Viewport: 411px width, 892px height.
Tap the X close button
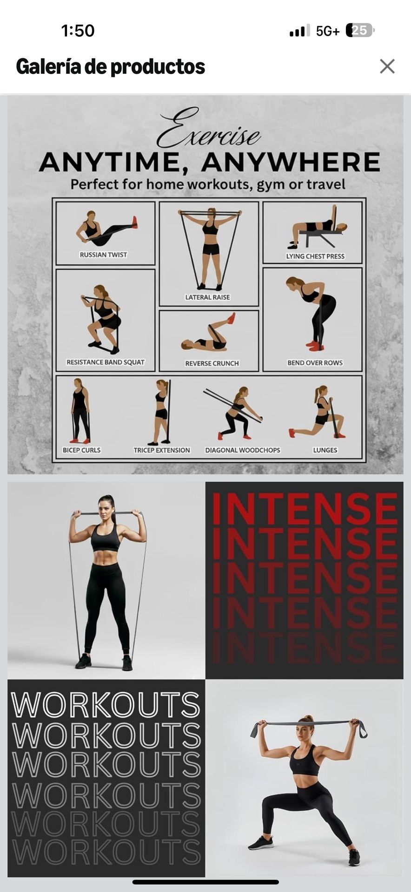point(387,66)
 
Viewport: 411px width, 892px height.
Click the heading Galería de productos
point(110,67)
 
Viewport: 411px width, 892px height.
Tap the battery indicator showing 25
point(360,31)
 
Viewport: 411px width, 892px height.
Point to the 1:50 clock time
point(78,31)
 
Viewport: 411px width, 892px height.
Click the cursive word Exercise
point(208,128)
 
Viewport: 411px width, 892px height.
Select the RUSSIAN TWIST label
point(103,255)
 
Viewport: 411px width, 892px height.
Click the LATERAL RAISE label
point(207,297)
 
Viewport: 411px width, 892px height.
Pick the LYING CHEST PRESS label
point(315,256)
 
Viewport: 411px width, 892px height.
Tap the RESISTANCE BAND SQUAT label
point(106,362)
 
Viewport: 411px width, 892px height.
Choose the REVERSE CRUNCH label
point(212,363)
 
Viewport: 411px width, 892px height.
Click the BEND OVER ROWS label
point(315,362)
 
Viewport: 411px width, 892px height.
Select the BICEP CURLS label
point(81,450)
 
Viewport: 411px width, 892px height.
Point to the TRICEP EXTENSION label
point(162,450)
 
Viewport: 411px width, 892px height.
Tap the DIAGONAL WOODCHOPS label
point(243,450)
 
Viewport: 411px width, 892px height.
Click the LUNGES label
point(325,450)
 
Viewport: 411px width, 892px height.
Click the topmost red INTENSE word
point(305,510)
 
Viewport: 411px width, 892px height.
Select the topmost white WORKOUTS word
point(106,705)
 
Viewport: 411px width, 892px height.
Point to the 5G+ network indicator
point(328,31)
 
